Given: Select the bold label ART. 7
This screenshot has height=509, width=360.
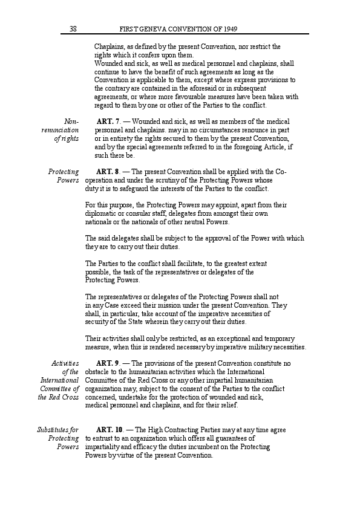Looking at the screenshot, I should pos(108,122).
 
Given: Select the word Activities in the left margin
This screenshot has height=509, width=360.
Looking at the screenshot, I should pos(65,363).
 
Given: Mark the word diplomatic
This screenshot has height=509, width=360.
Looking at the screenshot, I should pos(103,213).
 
